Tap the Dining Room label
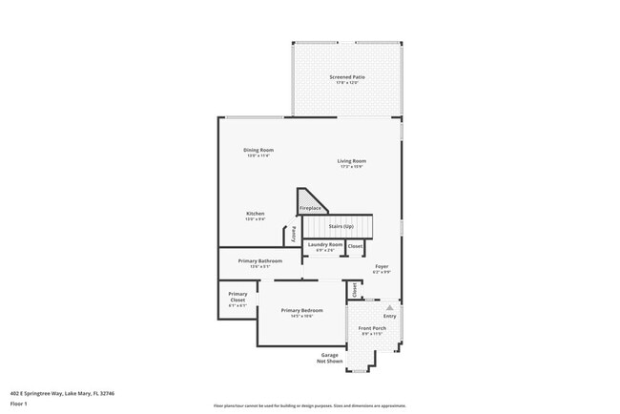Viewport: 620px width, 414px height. pos(258,150)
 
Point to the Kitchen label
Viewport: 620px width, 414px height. pos(255,214)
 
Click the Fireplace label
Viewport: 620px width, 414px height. pos(311,208)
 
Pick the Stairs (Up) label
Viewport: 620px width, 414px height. pos(341,226)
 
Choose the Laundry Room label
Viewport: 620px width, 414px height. pos(324,245)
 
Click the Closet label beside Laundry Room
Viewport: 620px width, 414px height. pos(355,246)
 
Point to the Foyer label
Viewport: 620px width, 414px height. pos(382,267)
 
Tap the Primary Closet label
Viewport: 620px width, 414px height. pos(238,297)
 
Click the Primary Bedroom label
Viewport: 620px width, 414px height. pos(301,311)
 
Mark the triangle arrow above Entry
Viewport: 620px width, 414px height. pos(389,307)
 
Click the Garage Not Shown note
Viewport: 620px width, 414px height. pos(329,358)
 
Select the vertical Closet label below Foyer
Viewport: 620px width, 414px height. pos(353,288)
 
